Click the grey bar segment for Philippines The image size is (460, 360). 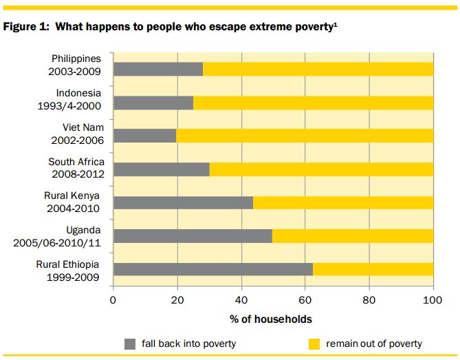click(157, 69)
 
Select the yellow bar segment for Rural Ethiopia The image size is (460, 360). click(373, 269)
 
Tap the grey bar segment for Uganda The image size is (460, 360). click(192, 236)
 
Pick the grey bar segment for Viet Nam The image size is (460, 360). click(144, 136)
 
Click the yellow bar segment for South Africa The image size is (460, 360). click(321, 169)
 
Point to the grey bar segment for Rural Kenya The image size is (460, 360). click(182, 202)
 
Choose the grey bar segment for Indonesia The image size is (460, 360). click(153, 103)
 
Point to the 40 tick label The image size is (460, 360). click(241, 299)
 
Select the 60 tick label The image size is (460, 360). click(305, 299)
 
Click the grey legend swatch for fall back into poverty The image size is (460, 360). click(131, 343)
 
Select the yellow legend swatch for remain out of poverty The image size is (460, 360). click(314, 343)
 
